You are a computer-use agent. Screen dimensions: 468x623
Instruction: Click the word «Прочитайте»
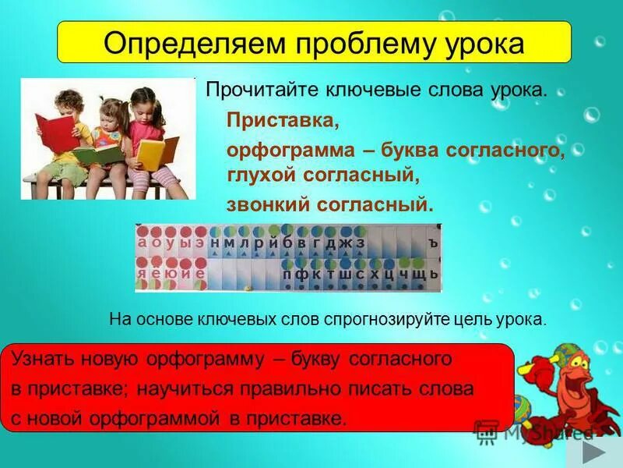point(253,90)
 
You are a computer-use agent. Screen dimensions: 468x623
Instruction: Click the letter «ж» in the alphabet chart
point(345,243)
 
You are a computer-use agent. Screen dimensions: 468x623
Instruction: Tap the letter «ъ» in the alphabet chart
point(433,243)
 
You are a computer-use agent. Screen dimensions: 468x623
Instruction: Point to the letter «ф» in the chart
point(301,274)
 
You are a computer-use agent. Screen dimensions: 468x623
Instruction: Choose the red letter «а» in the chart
point(143,243)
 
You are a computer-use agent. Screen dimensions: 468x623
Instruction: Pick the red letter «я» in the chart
point(142,274)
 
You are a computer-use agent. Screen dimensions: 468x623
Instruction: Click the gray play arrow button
point(597,452)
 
